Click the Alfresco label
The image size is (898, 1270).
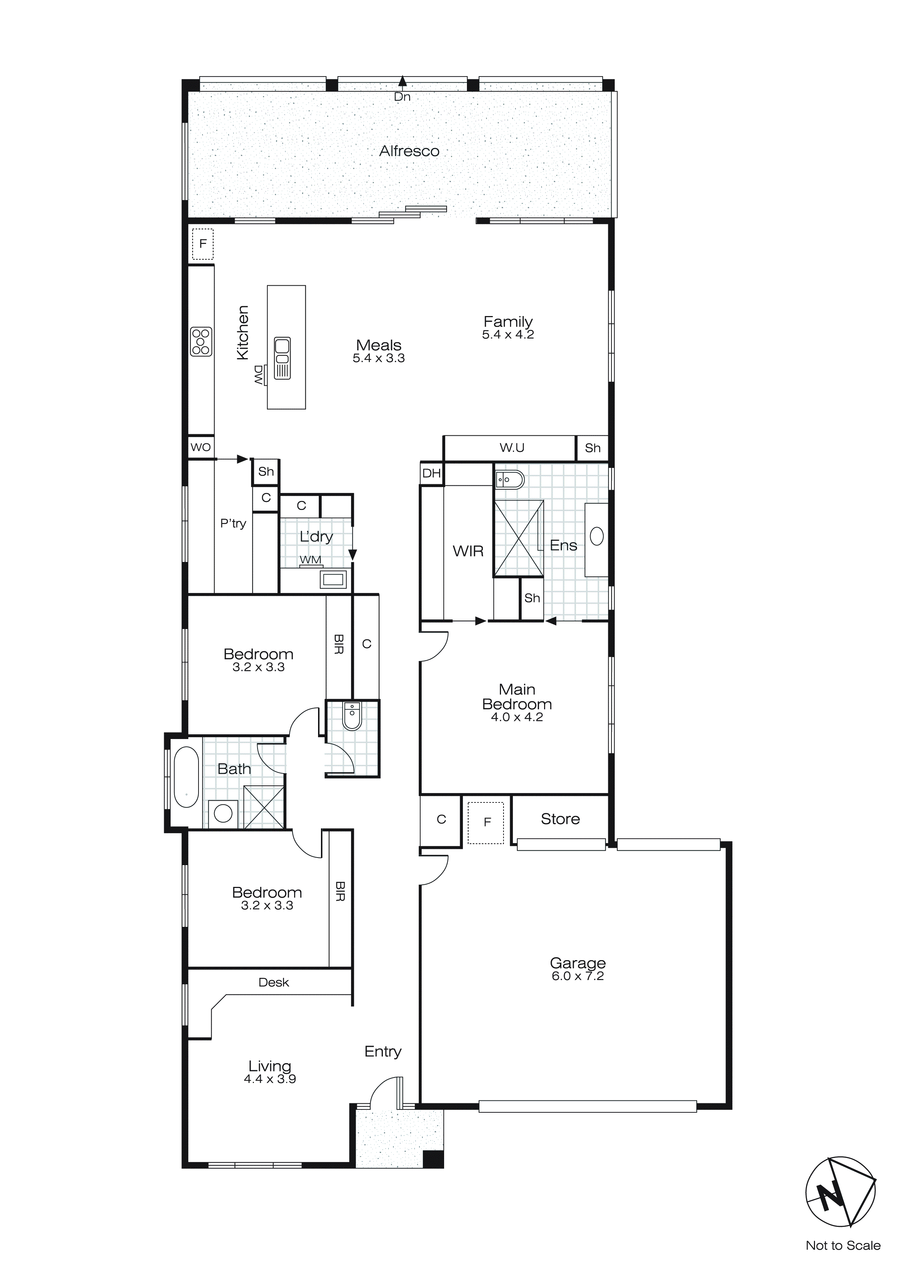click(409, 151)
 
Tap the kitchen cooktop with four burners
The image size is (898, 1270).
click(201, 341)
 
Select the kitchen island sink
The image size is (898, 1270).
click(282, 358)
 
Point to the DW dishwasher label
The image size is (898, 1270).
click(258, 374)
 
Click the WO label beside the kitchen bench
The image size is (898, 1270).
click(200, 447)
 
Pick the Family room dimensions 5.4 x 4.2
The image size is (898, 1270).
click(508, 335)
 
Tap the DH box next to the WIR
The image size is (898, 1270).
click(431, 473)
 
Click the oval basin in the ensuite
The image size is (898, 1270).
click(597, 536)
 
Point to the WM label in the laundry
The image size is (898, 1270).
click(310, 560)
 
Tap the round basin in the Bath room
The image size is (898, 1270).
click(223, 813)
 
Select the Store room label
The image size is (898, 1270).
click(560, 819)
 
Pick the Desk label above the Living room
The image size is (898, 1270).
click(274, 982)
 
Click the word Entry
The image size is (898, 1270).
click(383, 1051)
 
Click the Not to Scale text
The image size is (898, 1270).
click(843, 1245)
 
